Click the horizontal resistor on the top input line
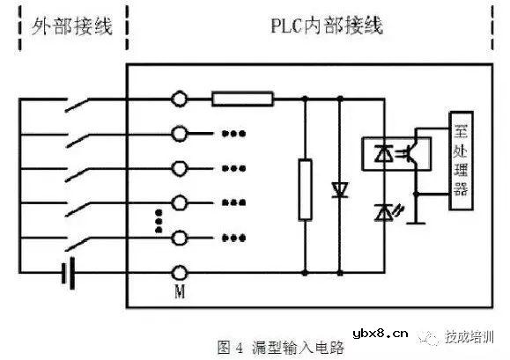(x=243, y=99)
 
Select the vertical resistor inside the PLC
(x=305, y=188)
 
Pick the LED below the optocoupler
(x=384, y=210)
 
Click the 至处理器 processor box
(x=459, y=160)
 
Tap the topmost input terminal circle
(x=181, y=99)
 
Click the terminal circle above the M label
(x=181, y=271)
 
